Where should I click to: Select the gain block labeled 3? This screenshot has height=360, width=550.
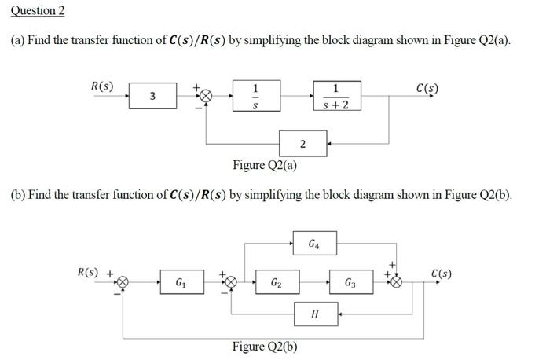click(152, 96)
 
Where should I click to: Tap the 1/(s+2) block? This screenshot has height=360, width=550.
click(336, 96)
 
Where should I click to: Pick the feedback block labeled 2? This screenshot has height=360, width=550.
click(302, 143)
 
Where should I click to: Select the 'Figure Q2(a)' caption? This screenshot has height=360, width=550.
click(265, 165)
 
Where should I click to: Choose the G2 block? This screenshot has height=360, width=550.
click(277, 281)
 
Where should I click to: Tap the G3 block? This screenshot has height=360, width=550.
click(350, 281)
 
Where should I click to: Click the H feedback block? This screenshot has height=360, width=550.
click(315, 315)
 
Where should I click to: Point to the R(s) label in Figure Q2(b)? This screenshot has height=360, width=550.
click(89, 273)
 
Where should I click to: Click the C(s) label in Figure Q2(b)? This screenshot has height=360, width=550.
click(442, 274)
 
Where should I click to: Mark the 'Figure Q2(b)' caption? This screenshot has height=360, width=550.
click(265, 347)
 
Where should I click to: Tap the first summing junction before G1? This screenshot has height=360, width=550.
click(123, 281)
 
